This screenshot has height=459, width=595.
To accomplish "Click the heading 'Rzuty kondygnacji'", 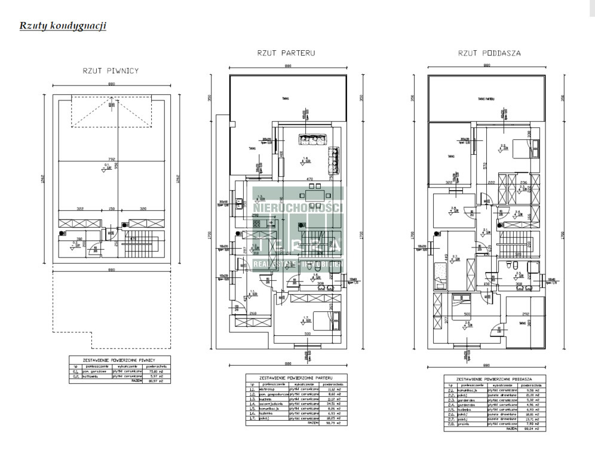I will tap(63, 26).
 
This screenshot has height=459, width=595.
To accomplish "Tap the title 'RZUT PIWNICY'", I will tap(111, 71).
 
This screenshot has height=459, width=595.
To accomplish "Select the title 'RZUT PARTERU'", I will tap(286, 53).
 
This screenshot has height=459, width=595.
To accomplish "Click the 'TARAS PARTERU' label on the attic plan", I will tap(485, 100).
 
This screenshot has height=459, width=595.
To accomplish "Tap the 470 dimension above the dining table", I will tap(310, 179).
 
